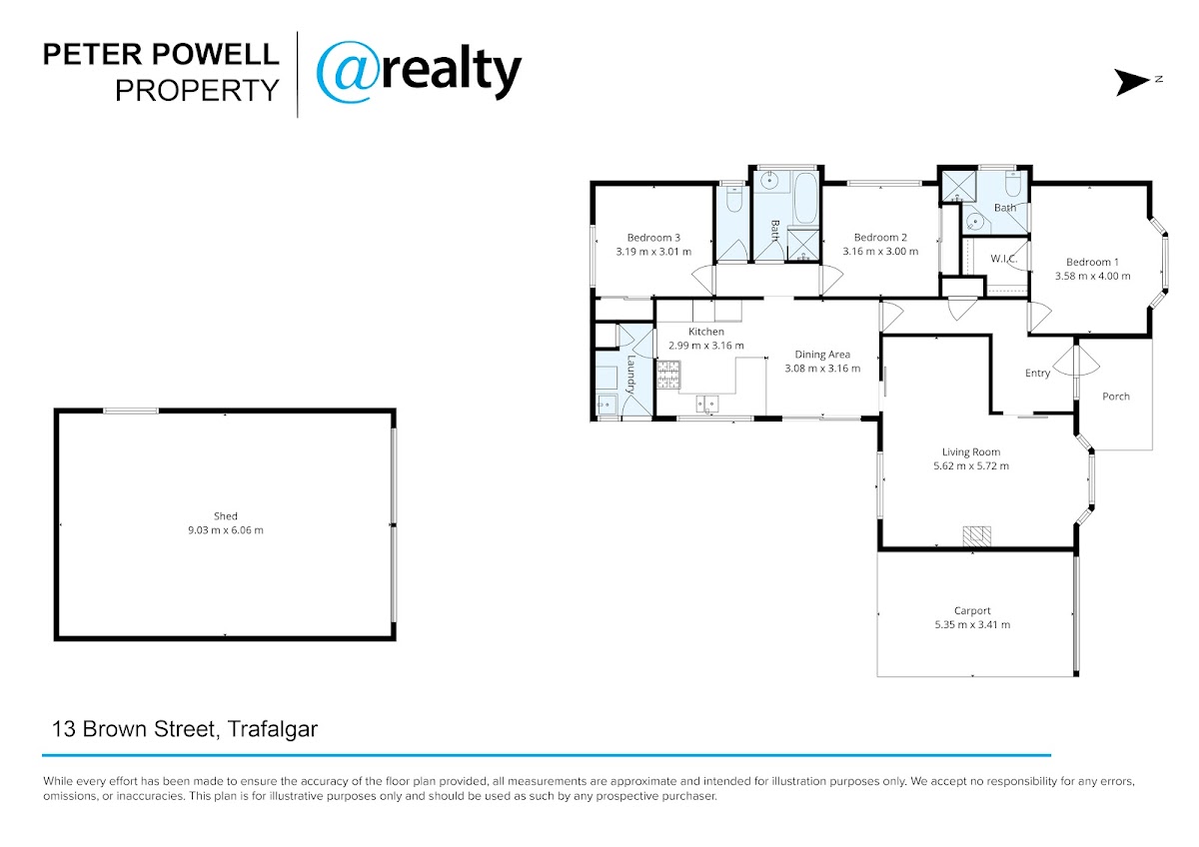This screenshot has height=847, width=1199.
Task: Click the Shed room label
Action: pyautogui.click(x=226, y=516)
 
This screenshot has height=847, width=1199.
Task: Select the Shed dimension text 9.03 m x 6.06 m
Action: pyautogui.click(x=226, y=530)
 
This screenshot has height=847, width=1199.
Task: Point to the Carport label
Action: pyautogui.click(x=972, y=611)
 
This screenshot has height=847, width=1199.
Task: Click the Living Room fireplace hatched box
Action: pyautogui.click(x=977, y=536)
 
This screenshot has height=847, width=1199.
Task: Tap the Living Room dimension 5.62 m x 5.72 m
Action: pyautogui.click(x=971, y=466)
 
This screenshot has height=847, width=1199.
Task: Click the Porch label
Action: pyautogui.click(x=1116, y=397)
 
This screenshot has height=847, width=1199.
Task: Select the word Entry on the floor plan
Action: pyautogui.click(x=1037, y=374)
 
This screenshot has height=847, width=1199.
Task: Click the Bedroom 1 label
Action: pyautogui.click(x=1092, y=262)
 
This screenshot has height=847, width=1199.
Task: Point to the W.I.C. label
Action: pyautogui.click(x=1003, y=259)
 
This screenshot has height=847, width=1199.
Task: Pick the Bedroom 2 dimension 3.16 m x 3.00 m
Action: pyautogui.click(x=880, y=252)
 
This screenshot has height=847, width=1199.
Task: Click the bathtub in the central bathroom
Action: pyautogui.click(x=805, y=198)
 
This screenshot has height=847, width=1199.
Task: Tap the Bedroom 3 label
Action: pyautogui.click(x=653, y=238)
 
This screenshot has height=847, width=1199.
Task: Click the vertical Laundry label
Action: pyautogui.click(x=630, y=375)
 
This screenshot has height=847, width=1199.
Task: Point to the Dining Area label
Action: pyautogui.click(x=822, y=355)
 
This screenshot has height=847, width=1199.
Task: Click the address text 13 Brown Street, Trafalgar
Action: pyautogui.click(x=185, y=729)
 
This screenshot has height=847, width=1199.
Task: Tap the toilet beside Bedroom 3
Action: pyautogui.click(x=733, y=200)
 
